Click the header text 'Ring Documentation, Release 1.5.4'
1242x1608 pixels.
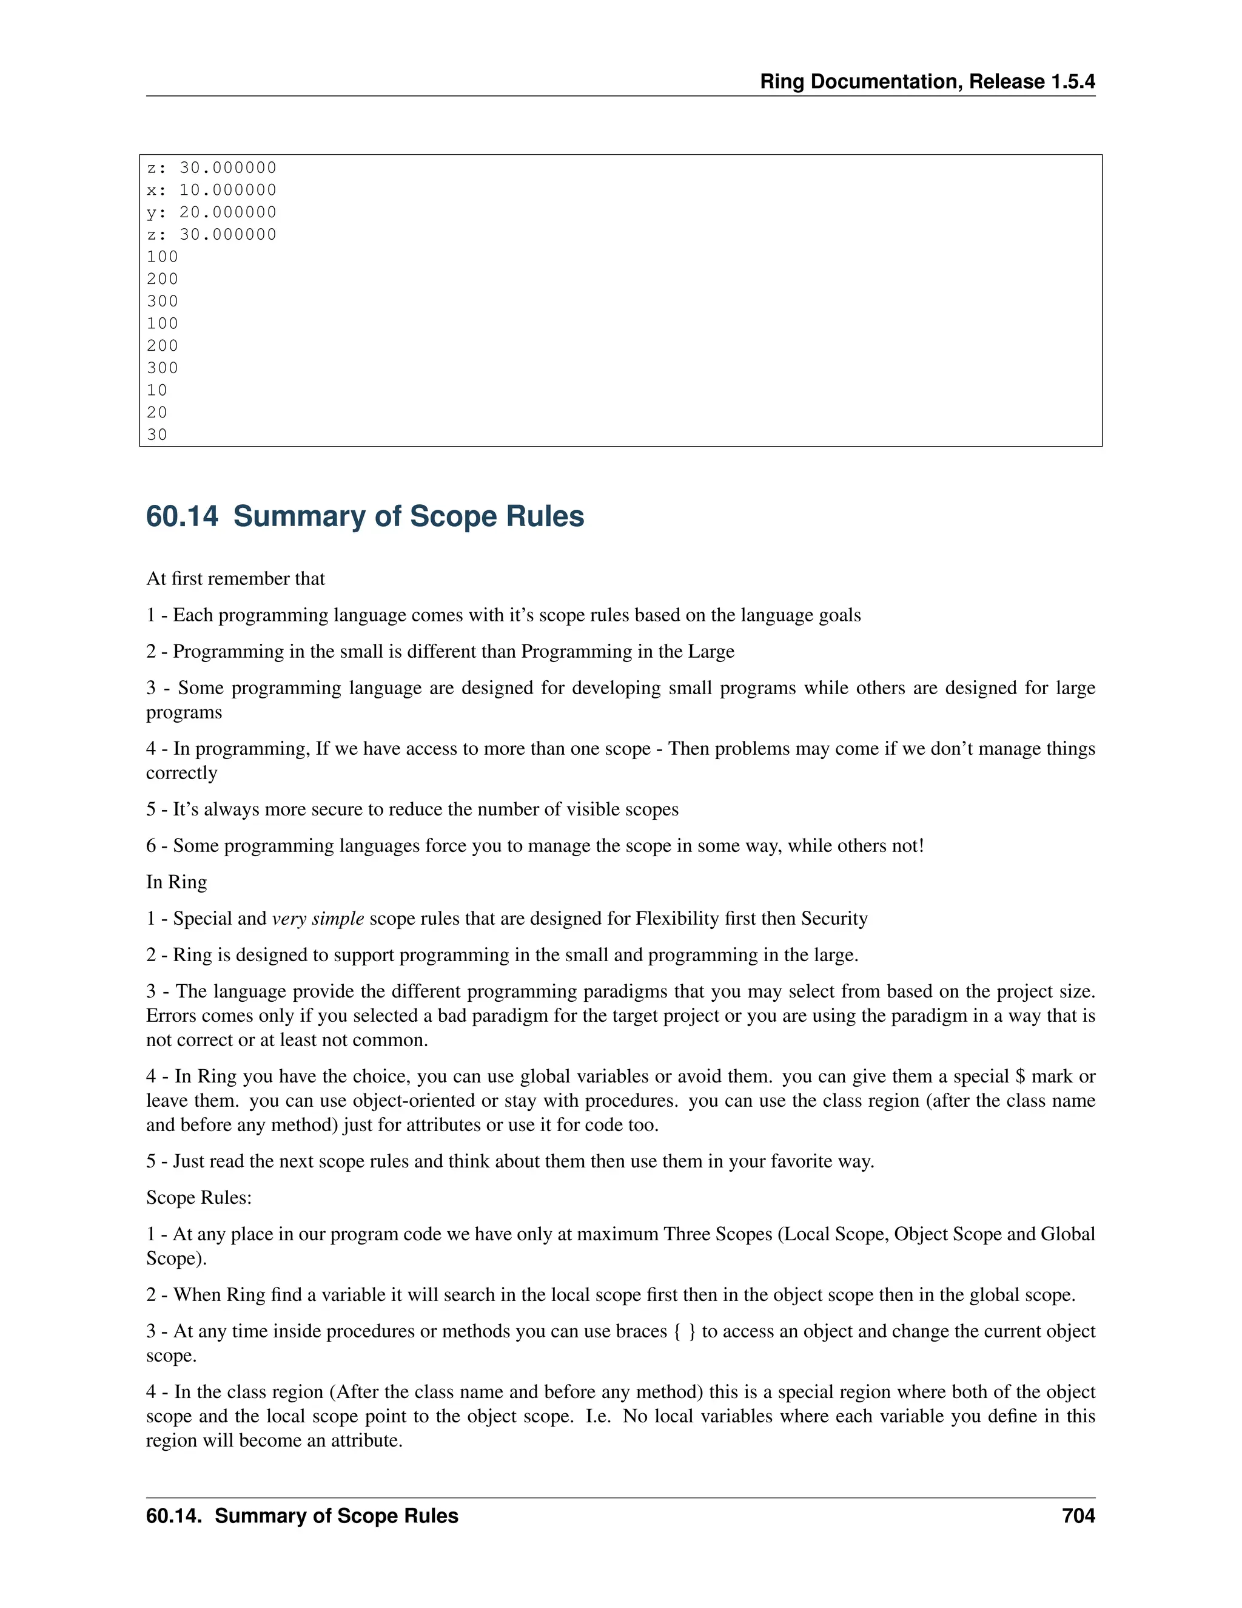927,82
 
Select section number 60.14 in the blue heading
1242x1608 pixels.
182,517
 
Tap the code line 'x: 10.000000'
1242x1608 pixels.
211,190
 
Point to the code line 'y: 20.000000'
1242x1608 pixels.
211,212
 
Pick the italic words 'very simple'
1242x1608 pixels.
318,919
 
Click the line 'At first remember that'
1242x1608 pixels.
235,579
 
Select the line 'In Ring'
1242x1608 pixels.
176,882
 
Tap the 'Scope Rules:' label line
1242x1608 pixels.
199,1198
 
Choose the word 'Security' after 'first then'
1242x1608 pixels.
834,919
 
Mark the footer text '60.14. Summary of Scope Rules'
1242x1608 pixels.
301,1516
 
